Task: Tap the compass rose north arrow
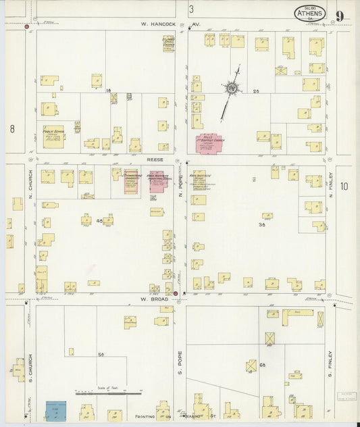coord(233,86)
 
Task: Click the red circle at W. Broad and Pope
coord(176,293)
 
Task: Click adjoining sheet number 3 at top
coord(191,9)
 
